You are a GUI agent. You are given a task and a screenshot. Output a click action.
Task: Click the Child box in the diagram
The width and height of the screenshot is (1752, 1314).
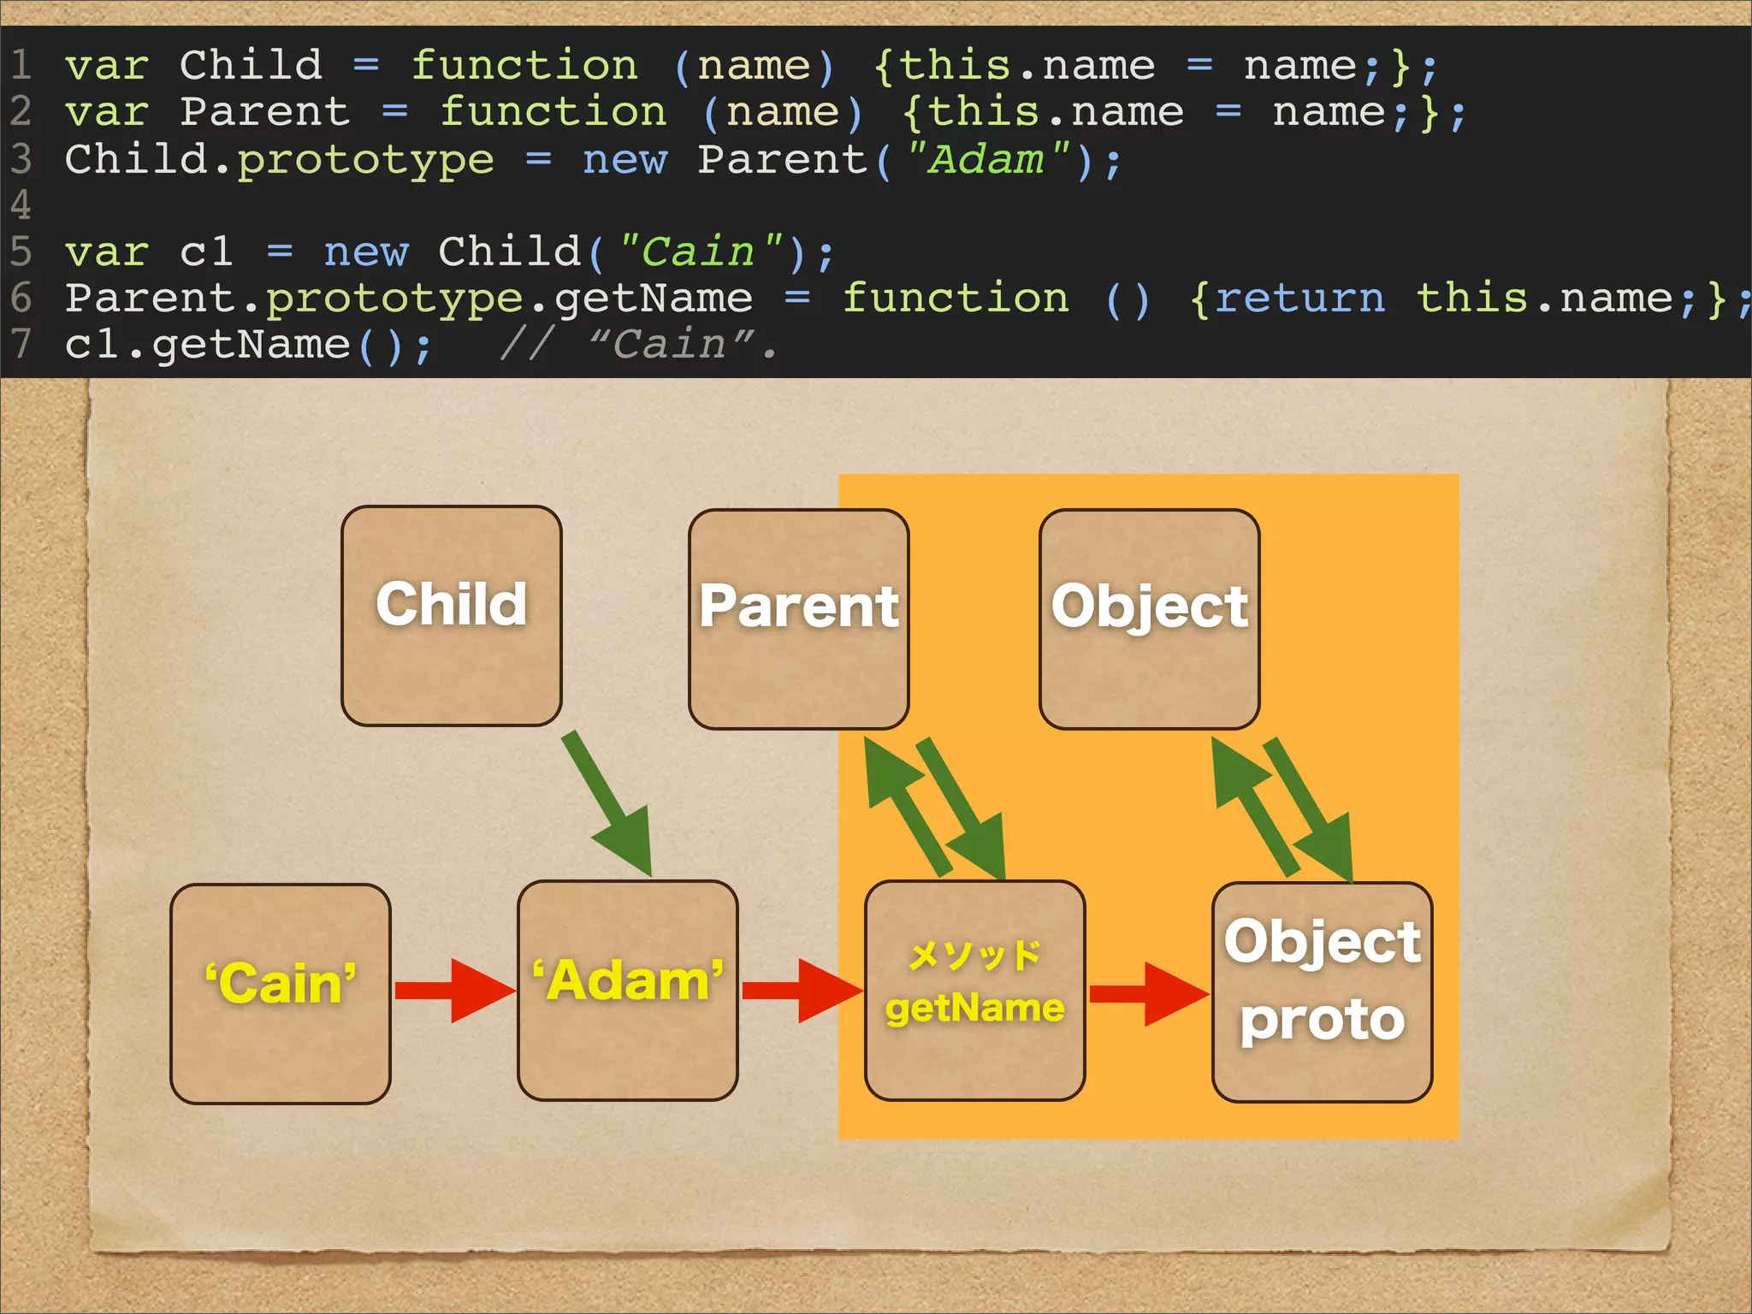[x=451, y=616]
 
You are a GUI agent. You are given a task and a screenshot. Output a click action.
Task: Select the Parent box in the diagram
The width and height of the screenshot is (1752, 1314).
[x=798, y=619]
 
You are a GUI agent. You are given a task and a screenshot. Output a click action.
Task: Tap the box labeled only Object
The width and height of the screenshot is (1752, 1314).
[x=1149, y=619]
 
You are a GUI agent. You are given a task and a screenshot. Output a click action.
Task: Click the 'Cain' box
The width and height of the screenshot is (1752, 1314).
[x=281, y=993]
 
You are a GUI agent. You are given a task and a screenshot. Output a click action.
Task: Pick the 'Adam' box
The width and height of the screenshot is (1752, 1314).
[x=627, y=990]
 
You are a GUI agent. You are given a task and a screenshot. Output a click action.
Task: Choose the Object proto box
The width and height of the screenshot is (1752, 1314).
[x=1322, y=991]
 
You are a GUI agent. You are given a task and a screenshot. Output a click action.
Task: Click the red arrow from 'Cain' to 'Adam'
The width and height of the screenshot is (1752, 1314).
[x=453, y=991]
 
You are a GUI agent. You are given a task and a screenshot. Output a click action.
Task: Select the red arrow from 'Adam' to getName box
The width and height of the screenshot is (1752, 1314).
[x=801, y=991]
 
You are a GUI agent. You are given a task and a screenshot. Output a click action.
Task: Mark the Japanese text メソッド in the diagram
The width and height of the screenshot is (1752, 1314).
[x=974, y=956]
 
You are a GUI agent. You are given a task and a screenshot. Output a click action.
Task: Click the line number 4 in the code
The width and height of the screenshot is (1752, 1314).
[x=21, y=205]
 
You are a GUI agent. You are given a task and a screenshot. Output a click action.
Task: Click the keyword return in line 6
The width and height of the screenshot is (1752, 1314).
[x=1299, y=299]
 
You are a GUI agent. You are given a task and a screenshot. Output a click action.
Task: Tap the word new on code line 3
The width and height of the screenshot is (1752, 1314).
[x=624, y=160]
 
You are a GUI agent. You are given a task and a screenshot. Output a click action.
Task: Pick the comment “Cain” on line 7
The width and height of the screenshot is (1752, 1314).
[x=672, y=345]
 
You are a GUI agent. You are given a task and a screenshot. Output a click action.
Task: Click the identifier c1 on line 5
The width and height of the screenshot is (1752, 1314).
[x=206, y=252]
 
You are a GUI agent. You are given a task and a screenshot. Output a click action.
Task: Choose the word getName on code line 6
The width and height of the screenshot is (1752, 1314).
[x=654, y=299]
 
